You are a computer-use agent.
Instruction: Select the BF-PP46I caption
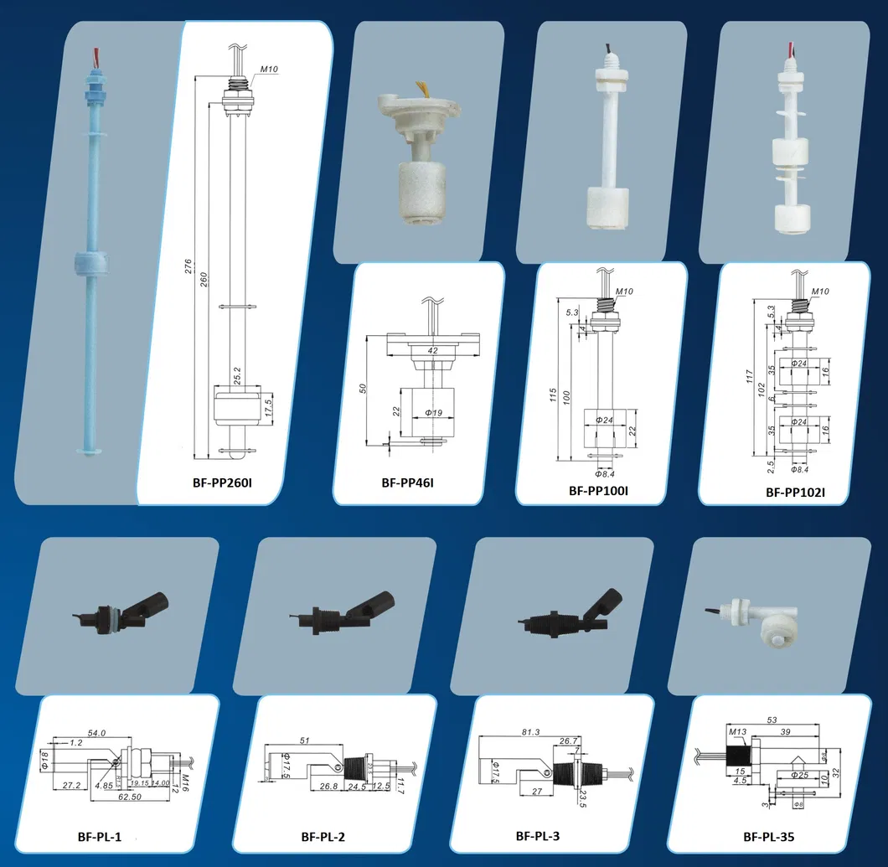407,483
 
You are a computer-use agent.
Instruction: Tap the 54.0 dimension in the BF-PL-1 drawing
96,733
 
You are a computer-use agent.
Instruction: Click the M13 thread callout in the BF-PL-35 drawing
737,731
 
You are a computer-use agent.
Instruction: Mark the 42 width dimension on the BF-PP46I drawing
433,350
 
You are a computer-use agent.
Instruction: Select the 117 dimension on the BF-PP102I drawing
749,377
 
